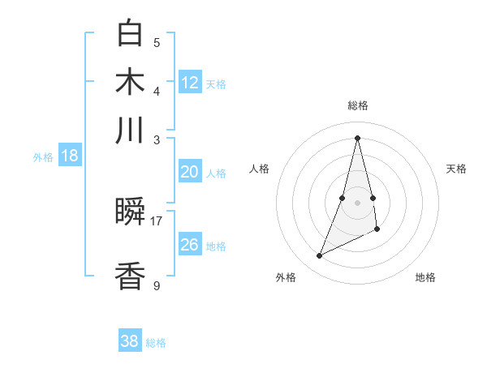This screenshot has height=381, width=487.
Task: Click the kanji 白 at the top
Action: click(131, 34)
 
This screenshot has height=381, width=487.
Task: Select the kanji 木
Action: click(131, 83)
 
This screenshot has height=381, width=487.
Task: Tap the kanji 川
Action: click(131, 131)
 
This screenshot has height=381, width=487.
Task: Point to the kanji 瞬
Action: click(131, 213)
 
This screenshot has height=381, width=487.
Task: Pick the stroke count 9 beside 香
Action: click(157, 285)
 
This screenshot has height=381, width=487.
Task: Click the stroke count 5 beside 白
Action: click(157, 42)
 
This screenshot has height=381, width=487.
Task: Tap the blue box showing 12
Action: click(190, 82)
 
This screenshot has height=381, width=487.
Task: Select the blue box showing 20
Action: click(189, 172)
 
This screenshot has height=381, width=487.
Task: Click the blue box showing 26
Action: click(189, 245)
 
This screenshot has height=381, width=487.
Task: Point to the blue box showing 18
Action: click(70, 156)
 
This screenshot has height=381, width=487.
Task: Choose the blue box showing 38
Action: click(130, 341)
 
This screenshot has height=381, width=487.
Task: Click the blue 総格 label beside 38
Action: click(156, 343)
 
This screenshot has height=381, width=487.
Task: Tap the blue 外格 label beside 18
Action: click(43, 157)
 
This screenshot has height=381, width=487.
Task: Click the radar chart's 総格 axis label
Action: click(358, 105)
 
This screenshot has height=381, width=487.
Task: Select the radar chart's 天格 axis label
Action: click(456, 169)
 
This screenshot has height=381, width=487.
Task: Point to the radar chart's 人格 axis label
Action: click(260, 169)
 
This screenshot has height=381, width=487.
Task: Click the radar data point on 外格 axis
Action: click(320, 256)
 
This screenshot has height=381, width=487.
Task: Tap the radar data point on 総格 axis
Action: click(358, 138)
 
